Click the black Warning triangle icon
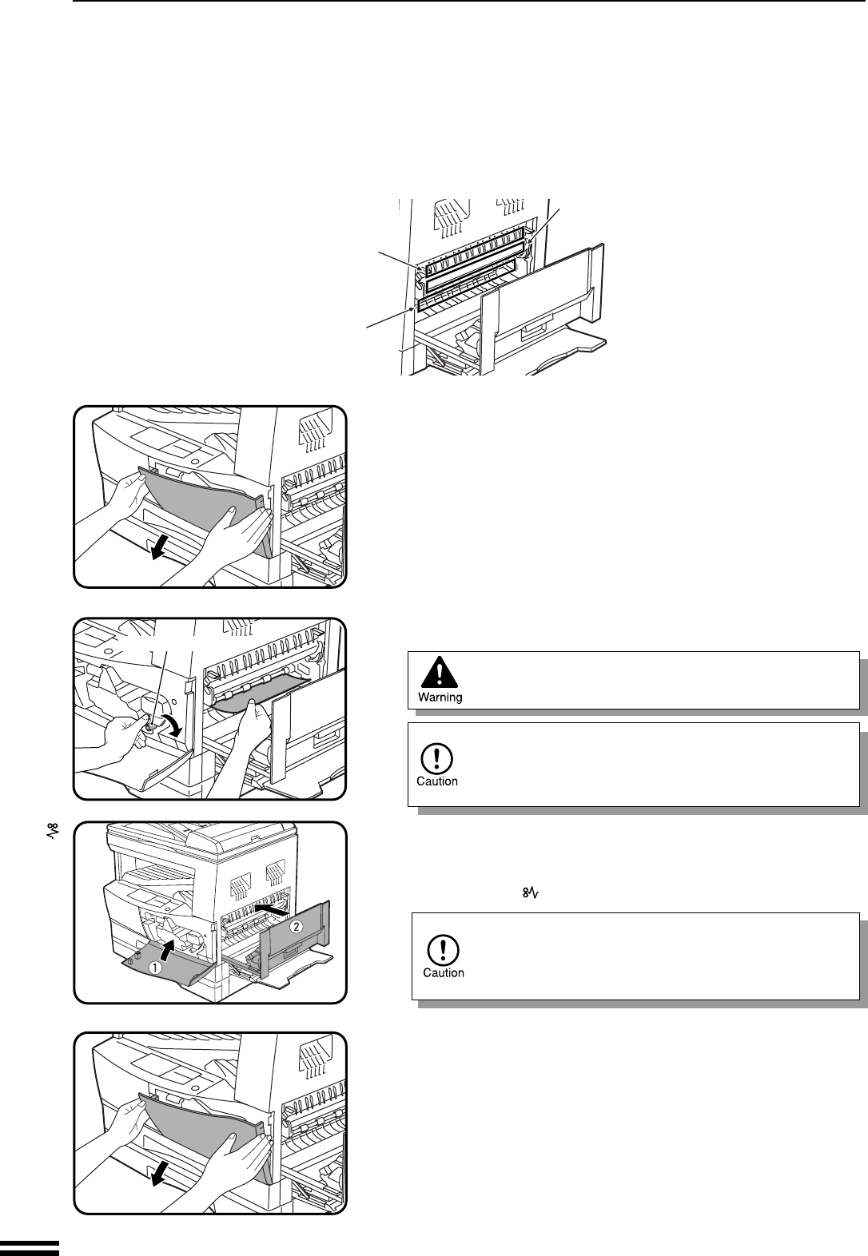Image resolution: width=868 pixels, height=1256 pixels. (440, 673)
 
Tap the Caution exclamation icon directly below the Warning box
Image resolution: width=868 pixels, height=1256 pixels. (437, 756)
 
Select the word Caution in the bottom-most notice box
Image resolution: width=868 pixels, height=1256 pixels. (443, 972)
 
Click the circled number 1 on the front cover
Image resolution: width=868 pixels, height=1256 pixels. (157, 965)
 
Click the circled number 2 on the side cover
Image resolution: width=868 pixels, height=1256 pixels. (297, 926)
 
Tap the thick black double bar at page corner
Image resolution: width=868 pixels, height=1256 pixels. (30, 1247)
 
